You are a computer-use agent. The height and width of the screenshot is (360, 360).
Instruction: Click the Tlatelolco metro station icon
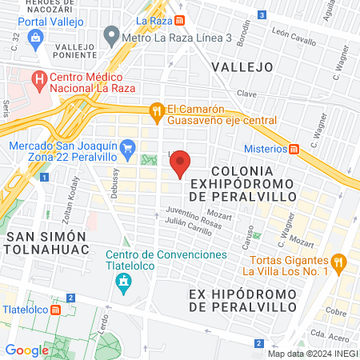click(x=54, y=310)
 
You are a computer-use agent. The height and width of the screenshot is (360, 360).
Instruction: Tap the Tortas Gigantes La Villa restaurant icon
click(x=339, y=261)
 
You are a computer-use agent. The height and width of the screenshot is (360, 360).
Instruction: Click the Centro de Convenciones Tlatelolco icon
click(x=123, y=281)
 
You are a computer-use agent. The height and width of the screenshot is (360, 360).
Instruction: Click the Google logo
click(x=26, y=350)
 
